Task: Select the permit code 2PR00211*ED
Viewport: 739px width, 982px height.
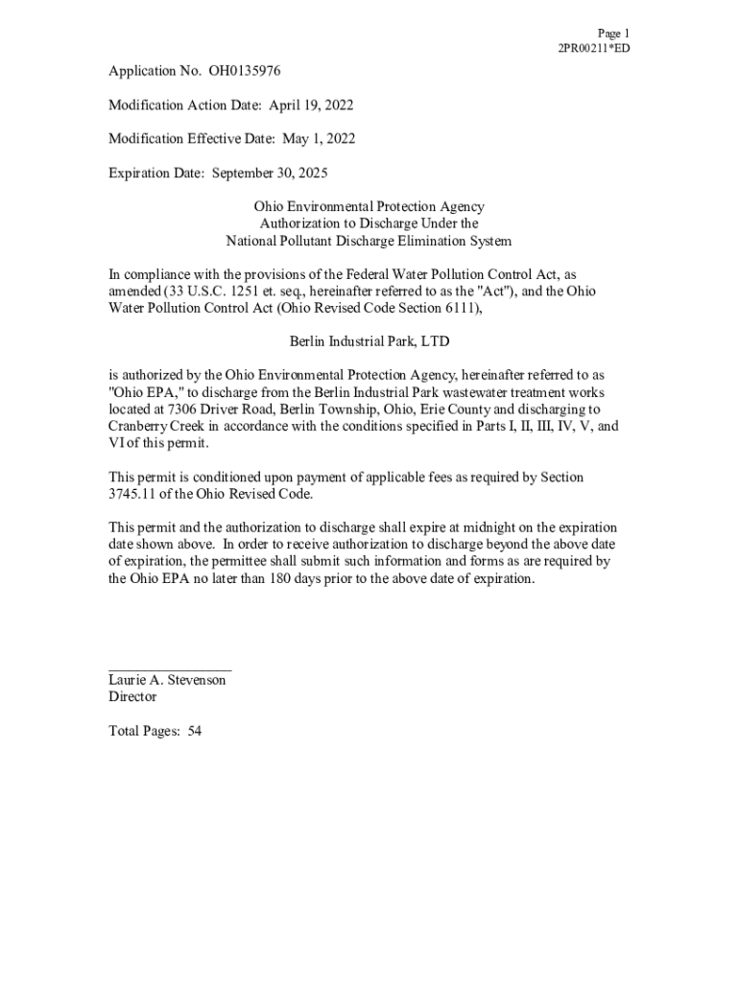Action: tap(594, 48)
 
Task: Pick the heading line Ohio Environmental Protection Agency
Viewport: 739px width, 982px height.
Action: tap(369, 206)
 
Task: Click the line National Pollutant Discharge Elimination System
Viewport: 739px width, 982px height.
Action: tap(369, 241)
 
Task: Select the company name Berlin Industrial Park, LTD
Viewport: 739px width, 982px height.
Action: tap(369, 340)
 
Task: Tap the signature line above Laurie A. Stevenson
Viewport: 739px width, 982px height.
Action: tap(170, 668)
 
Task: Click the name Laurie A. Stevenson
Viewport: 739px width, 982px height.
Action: tap(167, 680)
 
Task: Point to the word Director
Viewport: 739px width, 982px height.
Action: tap(132, 697)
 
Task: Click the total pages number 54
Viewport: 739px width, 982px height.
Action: tap(195, 731)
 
